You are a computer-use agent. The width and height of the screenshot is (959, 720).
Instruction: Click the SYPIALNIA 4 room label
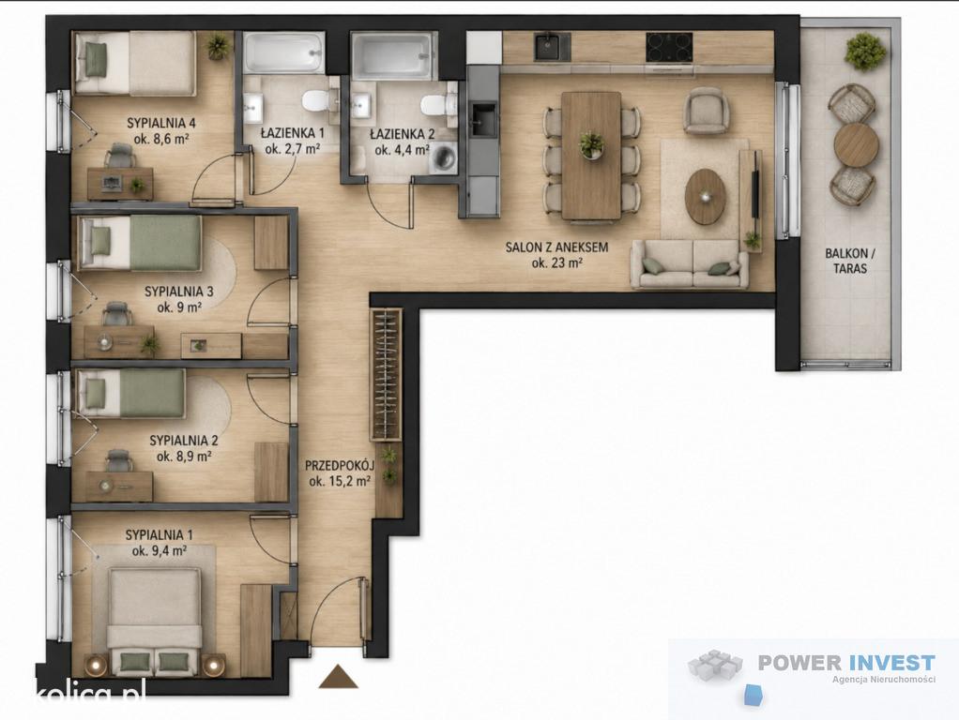pyautogui.click(x=160, y=123)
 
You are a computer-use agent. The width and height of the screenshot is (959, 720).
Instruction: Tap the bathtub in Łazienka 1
pyautogui.click(x=283, y=52)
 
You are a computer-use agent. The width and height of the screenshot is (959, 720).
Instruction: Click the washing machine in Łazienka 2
pyautogui.click(x=445, y=158)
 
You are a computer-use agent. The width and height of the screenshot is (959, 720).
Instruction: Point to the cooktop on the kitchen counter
pyautogui.click(x=669, y=47)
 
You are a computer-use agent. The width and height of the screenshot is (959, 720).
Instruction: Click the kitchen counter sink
pyautogui.click(x=553, y=47)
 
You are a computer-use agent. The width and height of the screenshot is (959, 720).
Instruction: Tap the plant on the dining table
pyautogui.click(x=591, y=145)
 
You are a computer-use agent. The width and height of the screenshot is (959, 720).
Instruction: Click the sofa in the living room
pyautogui.click(x=690, y=264)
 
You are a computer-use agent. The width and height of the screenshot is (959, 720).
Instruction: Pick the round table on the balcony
pyautogui.click(x=856, y=145)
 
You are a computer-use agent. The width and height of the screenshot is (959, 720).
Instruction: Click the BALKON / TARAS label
pyautogui.click(x=850, y=261)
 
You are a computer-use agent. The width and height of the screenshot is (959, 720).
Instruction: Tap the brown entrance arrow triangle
pyautogui.click(x=338, y=676)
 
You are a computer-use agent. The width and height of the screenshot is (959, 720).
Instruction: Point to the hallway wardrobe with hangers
pyautogui.click(x=387, y=375)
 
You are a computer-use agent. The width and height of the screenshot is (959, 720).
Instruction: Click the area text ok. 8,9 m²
pyautogui.click(x=184, y=456)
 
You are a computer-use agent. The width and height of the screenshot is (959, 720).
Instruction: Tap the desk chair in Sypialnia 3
pyautogui.click(x=116, y=314)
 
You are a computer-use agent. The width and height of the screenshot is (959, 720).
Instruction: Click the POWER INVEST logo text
pyautogui.click(x=846, y=662)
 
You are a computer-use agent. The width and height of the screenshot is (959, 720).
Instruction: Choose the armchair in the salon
pyautogui.click(x=707, y=110)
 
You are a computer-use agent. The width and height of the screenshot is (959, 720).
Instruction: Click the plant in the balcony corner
pyautogui.click(x=865, y=52)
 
